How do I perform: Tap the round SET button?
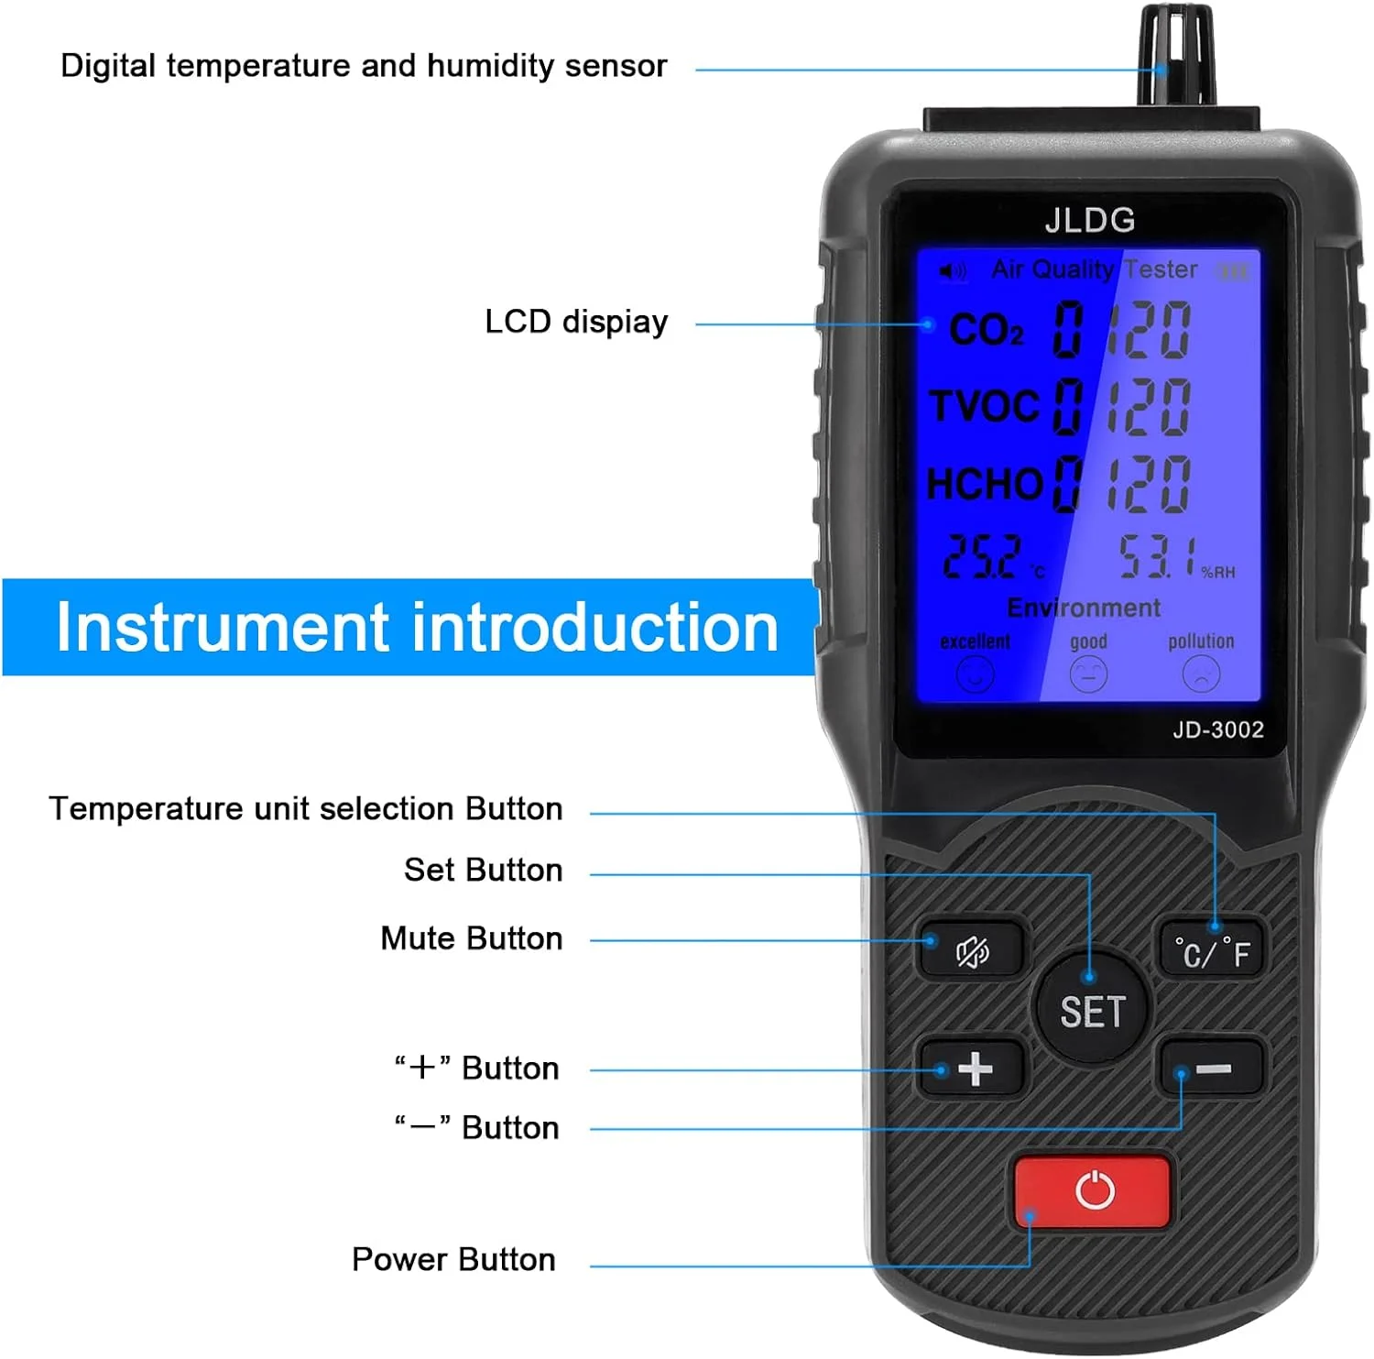pos(1091,1010)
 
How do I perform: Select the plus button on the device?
pos(974,1069)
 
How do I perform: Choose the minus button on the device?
pos(1213,1069)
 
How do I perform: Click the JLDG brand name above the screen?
pos(1089,220)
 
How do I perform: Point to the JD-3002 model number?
pos(1217,729)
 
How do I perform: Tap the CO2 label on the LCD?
pos(987,330)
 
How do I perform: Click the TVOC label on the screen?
pos(986,406)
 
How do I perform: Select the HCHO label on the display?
pos(985,483)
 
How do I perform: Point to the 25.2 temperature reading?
pos(982,556)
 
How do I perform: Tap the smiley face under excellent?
pos(975,675)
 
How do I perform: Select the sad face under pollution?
pos(1201,675)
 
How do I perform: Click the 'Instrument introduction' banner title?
pos(417,628)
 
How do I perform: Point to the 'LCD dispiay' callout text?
pos(576,323)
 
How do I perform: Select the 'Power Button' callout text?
pos(453,1260)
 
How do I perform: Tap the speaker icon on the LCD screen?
pos(953,270)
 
